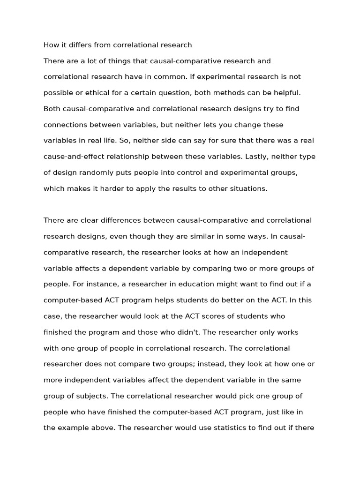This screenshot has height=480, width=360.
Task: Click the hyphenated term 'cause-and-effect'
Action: [x=72, y=157]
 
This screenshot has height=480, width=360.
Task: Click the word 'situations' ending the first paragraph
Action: [x=249, y=188]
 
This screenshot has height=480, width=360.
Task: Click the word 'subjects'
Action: [x=92, y=396]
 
